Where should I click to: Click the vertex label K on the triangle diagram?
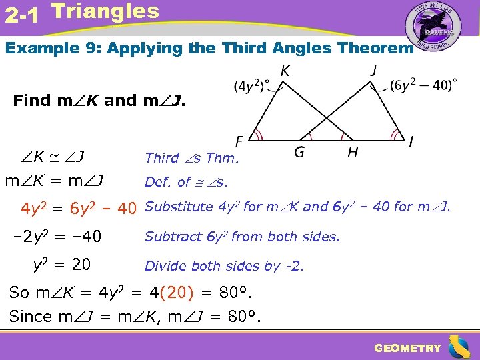pos(285,70)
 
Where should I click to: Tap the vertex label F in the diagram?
pos(239,141)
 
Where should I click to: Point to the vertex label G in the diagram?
pos(299,153)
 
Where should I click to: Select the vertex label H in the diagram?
pos(352,153)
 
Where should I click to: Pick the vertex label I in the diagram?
pos(411,141)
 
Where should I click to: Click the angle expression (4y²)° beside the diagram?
pos(251,87)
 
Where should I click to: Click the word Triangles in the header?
pos(105,11)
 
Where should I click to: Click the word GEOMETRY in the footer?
pos(407,348)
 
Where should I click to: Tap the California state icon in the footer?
pos(459,347)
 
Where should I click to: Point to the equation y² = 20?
pos(61,265)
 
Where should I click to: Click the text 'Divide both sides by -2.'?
pos(224,266)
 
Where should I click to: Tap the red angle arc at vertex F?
pos(257,136)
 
